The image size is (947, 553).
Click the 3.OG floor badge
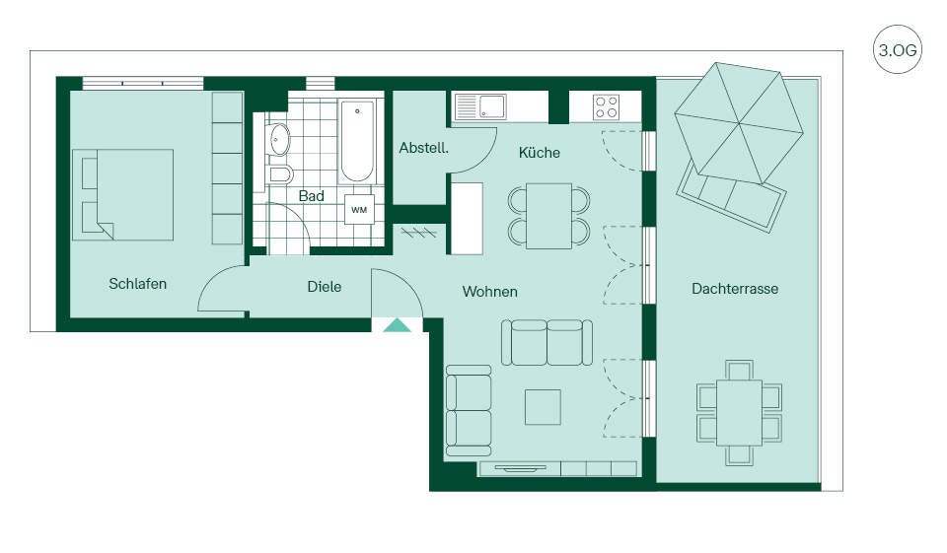[898, 49]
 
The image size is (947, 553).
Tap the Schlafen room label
[138, 284]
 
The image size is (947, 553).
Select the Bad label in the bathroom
[311, 195]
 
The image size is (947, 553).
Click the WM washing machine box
[359, 210]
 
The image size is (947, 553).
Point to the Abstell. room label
[424, 147]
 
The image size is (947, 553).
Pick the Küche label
[540, 153]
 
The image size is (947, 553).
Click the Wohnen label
[490, 292]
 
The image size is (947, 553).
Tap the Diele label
[325, 287]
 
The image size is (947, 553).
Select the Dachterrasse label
[735, 289]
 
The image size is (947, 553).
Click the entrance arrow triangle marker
[397, 325]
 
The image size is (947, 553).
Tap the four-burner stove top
[606, 107]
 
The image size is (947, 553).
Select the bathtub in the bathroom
[357, 142]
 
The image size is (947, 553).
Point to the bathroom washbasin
[278, 139]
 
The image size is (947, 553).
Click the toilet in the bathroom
[279, 175]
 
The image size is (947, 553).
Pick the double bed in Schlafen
[123, 195]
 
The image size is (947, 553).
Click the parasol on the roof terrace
[739, 123]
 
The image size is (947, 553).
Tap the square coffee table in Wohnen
[543, 407]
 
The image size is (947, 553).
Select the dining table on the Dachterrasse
[739, 413]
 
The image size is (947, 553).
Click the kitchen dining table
[549, 216]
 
